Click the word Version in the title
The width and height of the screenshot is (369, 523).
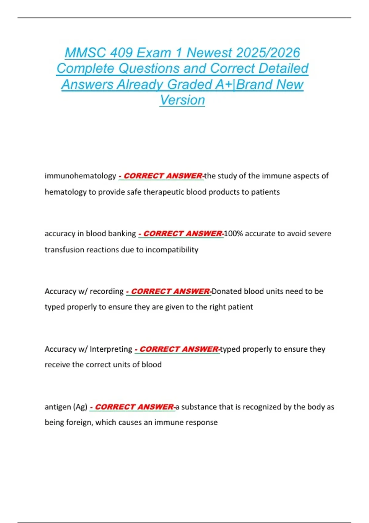point(182,100)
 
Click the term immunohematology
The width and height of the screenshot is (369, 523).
point(80,176)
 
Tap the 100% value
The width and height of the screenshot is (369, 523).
point(233,234)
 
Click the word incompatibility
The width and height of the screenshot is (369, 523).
point(172,250)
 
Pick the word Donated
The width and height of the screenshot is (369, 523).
point(226,291)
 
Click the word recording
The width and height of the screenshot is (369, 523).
point(106,291)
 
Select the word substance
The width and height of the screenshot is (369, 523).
point(199,407)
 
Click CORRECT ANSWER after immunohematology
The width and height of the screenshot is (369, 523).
point(163,176)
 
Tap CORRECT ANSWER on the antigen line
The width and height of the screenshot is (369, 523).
point(134,407)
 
